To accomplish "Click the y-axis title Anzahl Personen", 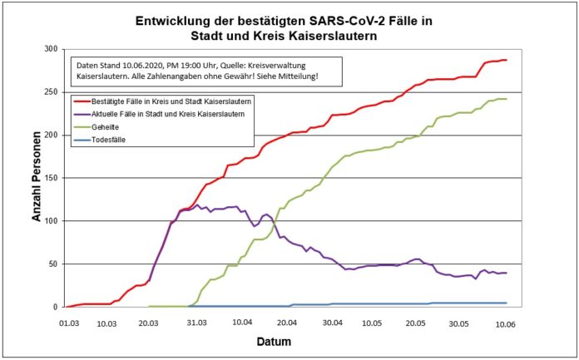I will click(37, 177).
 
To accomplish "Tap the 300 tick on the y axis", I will click(50, 49).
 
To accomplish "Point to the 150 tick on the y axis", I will click(50, 178).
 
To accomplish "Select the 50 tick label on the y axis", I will click(52, 264).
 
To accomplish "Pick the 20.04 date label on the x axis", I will click(287, 318).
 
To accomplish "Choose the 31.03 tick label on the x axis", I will click(196, 318).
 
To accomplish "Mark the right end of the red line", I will click(506, 60).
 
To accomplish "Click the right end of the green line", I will click(506, 99).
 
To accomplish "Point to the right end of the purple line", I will click(506, 273).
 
